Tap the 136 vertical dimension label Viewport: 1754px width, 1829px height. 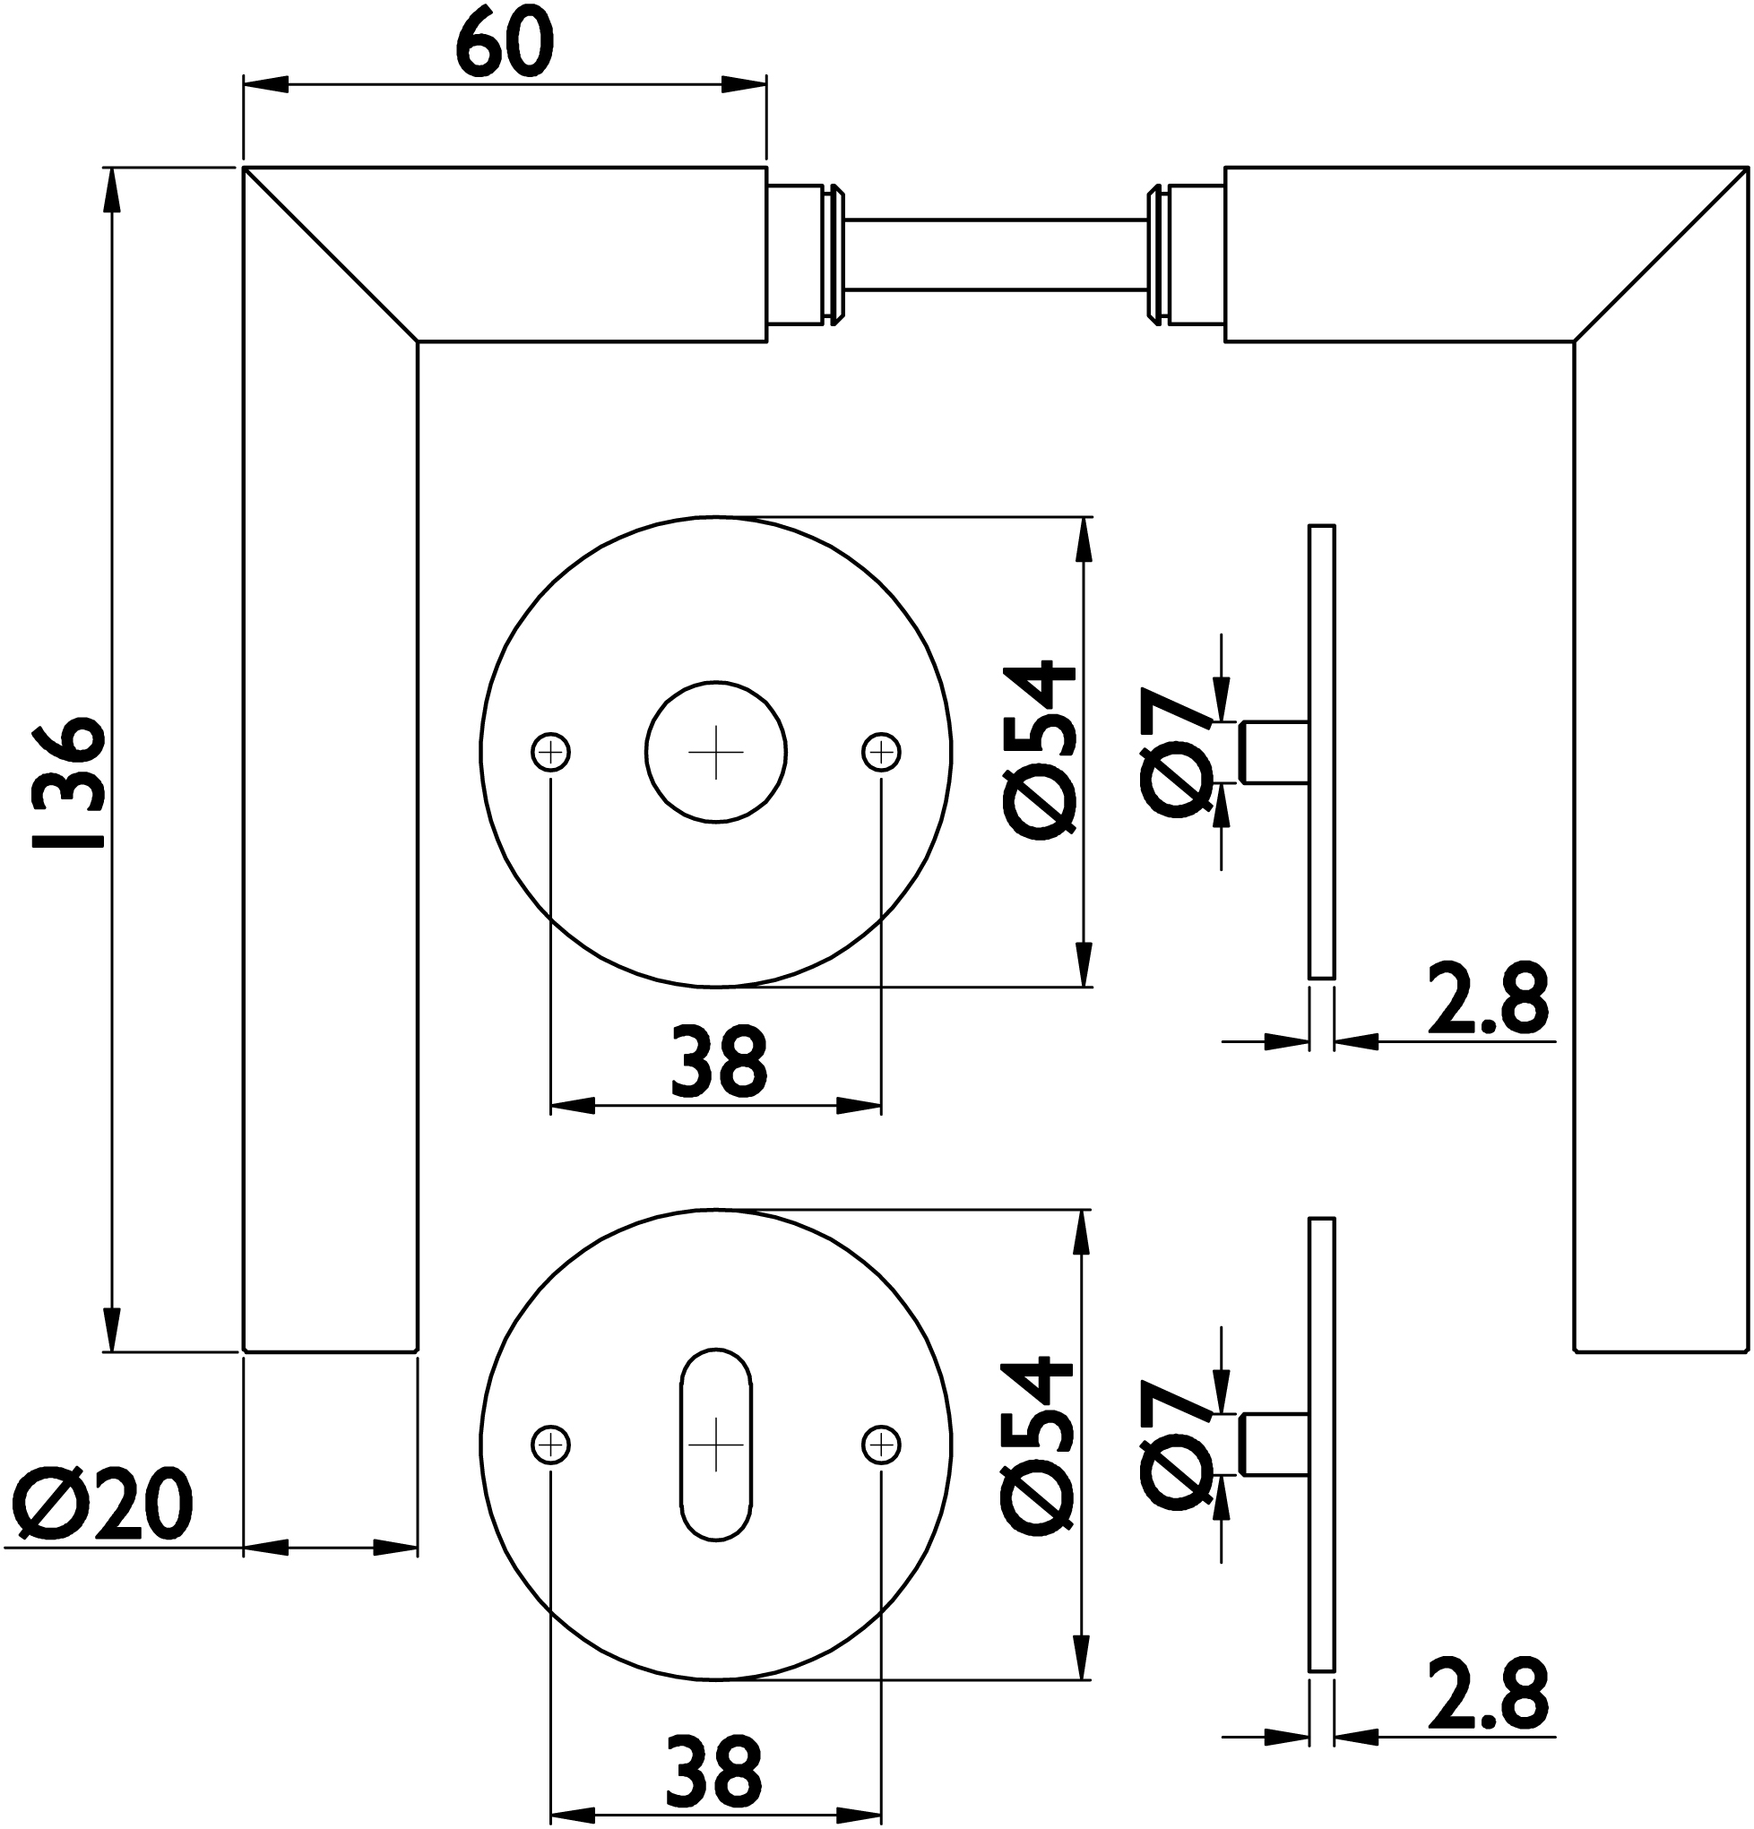tap(65, 782)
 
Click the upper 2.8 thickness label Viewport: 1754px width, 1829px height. tap(1488, 999)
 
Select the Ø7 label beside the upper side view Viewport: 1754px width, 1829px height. tap(1177, 753)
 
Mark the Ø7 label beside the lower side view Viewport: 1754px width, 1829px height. tap(1177, 1445)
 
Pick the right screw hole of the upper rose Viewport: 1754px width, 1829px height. tap(881, 752)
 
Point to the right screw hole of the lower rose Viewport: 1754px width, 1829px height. tap(881, 1445)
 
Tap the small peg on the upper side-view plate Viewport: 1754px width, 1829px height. tap(1274, 752)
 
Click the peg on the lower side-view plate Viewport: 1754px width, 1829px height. tap(1274, 1445)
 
